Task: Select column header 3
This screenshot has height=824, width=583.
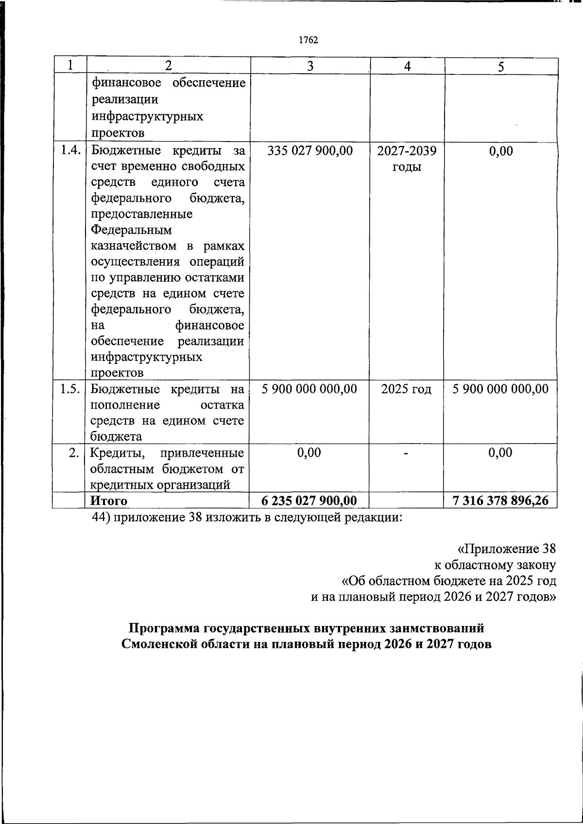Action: pyautogui.click(x=310, y=66)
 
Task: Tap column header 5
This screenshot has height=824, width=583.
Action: pyautogui.click(x=501, y=67)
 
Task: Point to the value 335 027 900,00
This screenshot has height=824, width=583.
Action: pyautogui.click(x=310, y=151)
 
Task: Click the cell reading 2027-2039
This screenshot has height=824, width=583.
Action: pyautogui.click(x=407, y=151)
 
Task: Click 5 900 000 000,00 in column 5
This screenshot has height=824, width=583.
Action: pyautogui.click(x=500, y=389)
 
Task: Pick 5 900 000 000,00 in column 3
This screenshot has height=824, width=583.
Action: pyautogui.click(x=309, y=389)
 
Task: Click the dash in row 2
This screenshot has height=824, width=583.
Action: pyautogui.click(x=406, y=453)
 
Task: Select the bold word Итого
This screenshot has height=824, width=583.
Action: pyautogui.click(x=109, y=501)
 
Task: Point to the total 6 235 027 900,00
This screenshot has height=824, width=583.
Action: pyautogui.click(x=309, y=501)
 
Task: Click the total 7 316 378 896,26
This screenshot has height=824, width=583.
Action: pyautogui.click(x=500, y=501)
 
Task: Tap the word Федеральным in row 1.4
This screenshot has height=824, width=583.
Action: pyautogui.click(x=131, y=230)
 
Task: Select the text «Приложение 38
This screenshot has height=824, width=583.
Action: pyautogui.click(x=506, y=549)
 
